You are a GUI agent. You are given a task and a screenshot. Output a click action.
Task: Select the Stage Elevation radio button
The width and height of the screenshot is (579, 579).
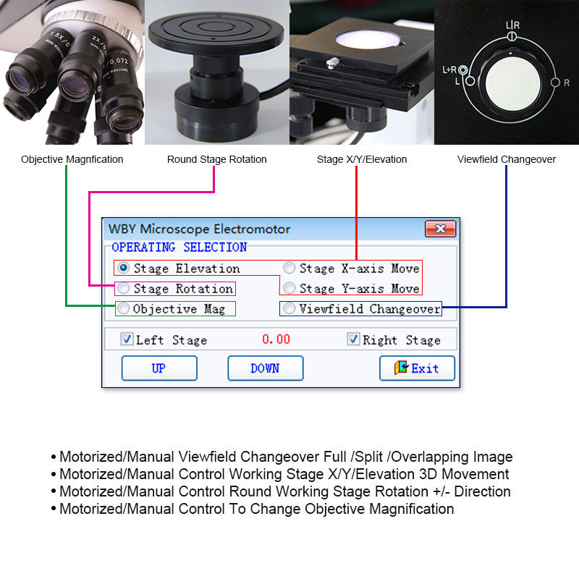tap(123, 268)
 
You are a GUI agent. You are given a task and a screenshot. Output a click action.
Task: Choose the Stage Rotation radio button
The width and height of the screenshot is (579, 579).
tap(124, 288)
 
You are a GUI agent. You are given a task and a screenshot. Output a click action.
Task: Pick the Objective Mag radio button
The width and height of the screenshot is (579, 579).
tap(124, 308)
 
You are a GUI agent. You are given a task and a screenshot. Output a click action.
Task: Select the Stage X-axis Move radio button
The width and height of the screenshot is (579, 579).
tap(289, 268)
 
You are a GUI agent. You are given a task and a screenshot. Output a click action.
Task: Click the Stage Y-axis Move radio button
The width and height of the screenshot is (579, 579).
tap(289, 288)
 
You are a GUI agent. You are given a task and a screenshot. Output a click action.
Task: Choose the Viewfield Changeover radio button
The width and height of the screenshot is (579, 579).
tap(289, 308)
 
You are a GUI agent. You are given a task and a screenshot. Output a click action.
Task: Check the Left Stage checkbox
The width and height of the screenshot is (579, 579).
tap(127, 339)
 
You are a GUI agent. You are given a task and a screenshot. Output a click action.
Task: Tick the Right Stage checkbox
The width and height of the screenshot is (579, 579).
tap(353, 339)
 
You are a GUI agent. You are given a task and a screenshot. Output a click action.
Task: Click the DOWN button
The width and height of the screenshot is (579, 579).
tap(265, 368)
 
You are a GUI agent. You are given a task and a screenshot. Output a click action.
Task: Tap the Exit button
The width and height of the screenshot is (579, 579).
tap(417, 368)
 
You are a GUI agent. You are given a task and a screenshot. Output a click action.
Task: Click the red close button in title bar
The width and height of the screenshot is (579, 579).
tap(439, 229)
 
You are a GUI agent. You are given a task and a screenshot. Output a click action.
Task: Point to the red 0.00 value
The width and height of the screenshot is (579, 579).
tap(276, 339)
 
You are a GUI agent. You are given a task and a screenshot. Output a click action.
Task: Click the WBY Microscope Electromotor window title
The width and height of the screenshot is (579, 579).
tap(199, 229)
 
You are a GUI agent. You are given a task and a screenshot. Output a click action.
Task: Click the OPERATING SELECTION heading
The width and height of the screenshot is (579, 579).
tap(179, 248)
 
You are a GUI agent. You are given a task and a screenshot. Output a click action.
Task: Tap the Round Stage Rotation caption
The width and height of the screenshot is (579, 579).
tap(216, 159)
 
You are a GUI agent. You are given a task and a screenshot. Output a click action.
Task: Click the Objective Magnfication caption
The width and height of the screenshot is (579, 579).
tap(72, 159)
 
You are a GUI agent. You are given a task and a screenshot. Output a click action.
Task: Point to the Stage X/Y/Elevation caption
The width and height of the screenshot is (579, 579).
tap(362, 159)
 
